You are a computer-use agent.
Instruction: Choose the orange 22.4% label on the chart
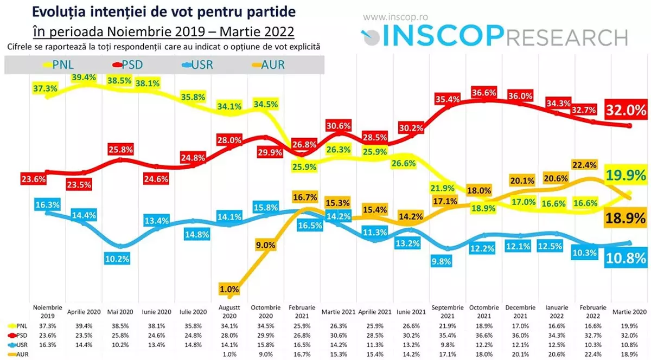pyautogui.click(x=584, y=164)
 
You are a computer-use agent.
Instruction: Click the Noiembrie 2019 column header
pyautogui.click(x=48, y=311)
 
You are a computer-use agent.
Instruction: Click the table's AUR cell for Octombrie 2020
pyautogui.click(x=265, y=354)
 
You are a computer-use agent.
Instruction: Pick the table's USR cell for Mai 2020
pyautogui.click(x=120, y=344)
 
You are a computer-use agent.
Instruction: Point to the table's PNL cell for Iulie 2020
pyautogui.click(x=193, y=326)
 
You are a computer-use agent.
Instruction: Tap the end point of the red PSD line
pyautogui.click(x=629, y=126)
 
